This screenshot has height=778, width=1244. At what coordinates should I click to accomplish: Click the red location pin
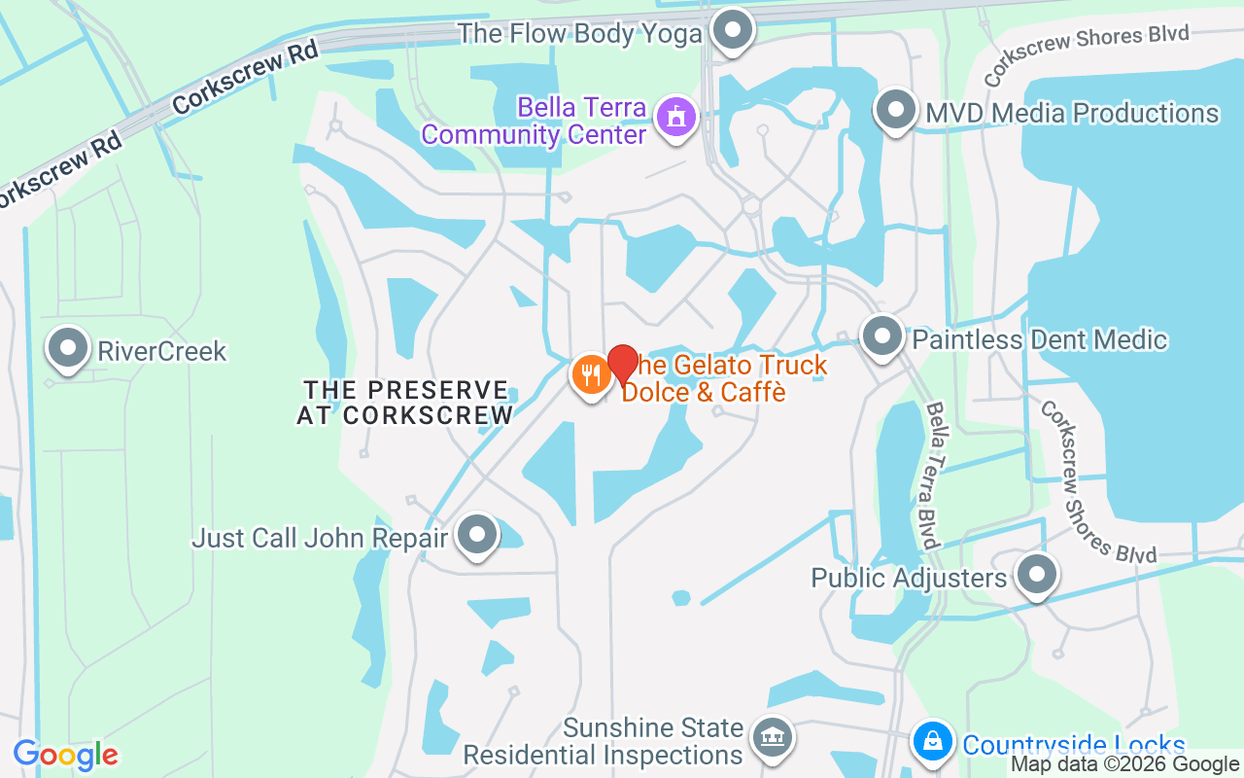[x=622, y=364]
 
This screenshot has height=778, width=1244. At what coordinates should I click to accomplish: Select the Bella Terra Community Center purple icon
[x=676, y=118]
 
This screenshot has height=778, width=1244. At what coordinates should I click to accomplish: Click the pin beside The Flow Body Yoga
[x=733, y=31]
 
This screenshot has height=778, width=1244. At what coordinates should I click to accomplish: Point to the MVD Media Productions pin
[x=896, y=111]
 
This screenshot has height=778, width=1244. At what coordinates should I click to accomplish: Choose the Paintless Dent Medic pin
[x=882, y=337]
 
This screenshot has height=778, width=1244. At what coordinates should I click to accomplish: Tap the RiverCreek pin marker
[x=68, y=349]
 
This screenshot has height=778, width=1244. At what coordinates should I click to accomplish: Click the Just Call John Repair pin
[x=477, y=534]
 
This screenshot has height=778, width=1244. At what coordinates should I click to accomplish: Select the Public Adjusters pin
[x=1037, y=575]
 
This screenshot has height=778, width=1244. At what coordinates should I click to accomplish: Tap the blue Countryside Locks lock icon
[x=932, y=743]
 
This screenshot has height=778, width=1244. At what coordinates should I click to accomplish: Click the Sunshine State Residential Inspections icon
[x=773, y=738]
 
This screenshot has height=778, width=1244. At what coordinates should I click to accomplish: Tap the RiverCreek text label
[x=161, y=351]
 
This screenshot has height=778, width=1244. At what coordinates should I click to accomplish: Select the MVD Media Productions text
[x=1072, y=113]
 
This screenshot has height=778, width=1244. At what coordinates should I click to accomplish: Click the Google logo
[x=66, y=755]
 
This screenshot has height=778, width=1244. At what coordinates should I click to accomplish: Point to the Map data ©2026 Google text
[x=1125, y=764]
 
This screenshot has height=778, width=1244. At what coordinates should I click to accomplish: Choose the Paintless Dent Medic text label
[x=1039, y=339]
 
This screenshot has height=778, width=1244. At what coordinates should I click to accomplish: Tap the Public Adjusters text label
[x=909, y=579]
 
